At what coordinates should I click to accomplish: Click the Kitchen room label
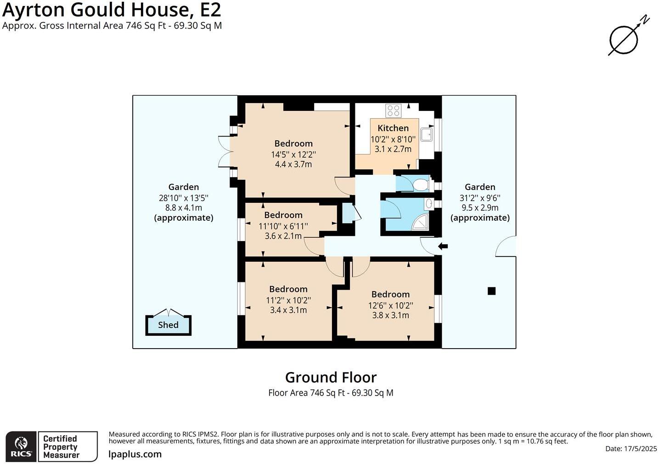pos(393,128)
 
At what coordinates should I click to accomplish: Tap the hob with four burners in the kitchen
pos(394,111)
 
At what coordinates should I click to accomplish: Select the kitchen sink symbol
pos(427,134)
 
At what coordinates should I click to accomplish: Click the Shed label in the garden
pos(168,325)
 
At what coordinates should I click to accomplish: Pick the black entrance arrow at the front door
pos(443,246)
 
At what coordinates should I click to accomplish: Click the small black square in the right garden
pos(491,291)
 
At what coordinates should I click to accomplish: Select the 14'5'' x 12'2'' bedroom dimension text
pos(293,154)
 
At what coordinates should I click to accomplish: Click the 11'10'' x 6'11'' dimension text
pos(283,226)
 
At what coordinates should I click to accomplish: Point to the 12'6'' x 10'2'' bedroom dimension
pos(391,305)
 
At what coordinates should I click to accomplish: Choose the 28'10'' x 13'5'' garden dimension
pos(184,198)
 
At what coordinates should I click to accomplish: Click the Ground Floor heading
pos(331,377)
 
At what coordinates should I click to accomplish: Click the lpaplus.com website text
pos(135,454)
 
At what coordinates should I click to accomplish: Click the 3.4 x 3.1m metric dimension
pos(288,310)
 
